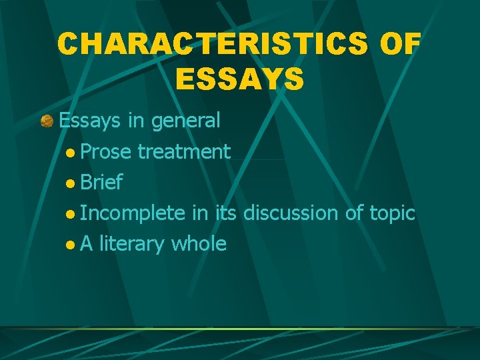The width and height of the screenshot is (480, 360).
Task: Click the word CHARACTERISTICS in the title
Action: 213,45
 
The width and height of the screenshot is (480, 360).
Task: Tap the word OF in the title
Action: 399,45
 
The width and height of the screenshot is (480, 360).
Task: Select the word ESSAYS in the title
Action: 239,78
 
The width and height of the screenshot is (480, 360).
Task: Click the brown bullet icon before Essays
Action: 47,121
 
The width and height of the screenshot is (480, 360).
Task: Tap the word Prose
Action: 107,152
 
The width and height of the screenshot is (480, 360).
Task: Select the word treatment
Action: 184,152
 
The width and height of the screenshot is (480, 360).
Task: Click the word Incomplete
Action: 132,213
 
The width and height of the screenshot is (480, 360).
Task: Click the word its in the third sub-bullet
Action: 225,213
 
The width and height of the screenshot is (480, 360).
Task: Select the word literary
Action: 133,244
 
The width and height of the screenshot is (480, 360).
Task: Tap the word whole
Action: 199,244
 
